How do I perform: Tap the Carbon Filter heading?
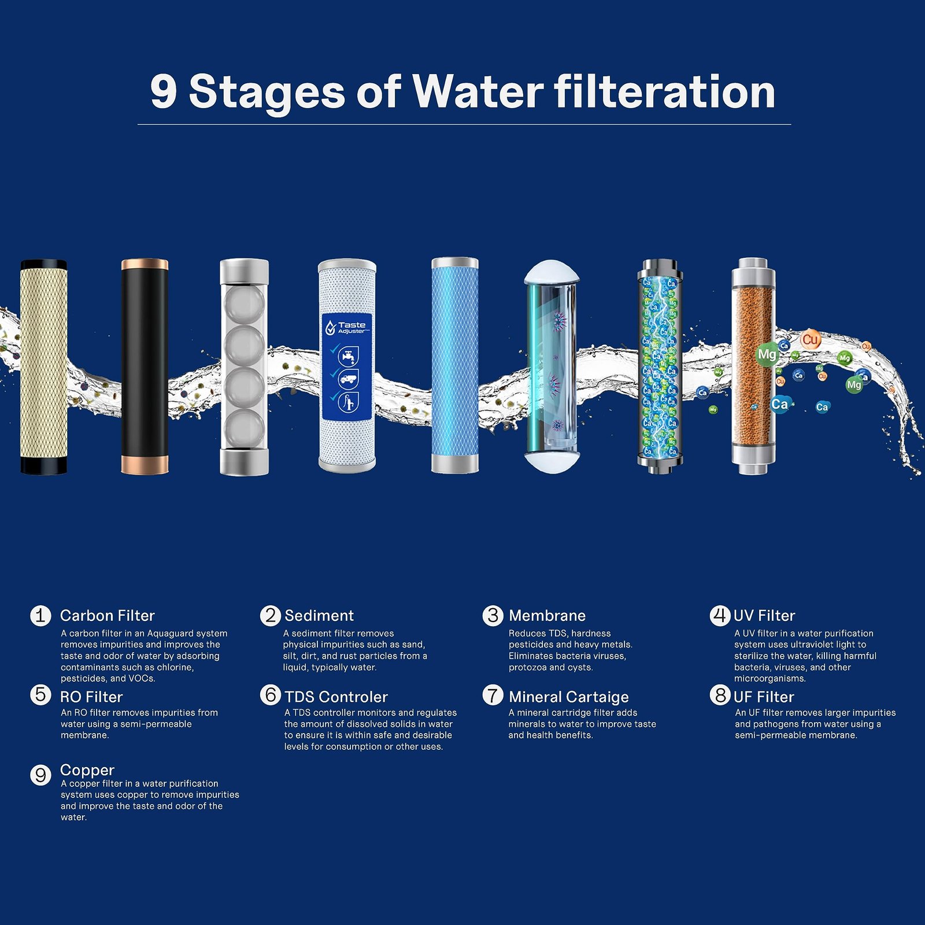pyautogui.click(x=108, y=616)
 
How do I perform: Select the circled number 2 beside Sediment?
pyautogui.click(x=270, y=615)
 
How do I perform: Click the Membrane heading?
pyautogui.click(x=547, y=616)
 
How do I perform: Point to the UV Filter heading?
pyautogui.click(x=764, y=616)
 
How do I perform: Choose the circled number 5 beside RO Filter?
pyautogui.click(x=40, y=694)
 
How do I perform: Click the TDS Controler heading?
pyautogui.click(x=336, y=697)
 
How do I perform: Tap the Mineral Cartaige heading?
pyautogui.click(x=568, y=697)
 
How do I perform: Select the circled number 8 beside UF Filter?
pyautogui.click(x=720, y=694)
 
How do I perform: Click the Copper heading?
pyautogui.click(x=87, y=771)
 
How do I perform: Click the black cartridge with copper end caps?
pyautogui.click(x=145, y=367)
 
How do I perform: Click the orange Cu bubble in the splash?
pyautogui.click(x=811, y=340)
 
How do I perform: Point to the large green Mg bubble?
pyautogui.click(x=767, y=354)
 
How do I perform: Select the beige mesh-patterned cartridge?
pyautogui.click(x=44, y=367)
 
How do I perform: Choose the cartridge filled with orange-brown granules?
pyautogui.click(x=753, y=367)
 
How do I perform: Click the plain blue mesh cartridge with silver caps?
pyautogui.click(x=455, y=365)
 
